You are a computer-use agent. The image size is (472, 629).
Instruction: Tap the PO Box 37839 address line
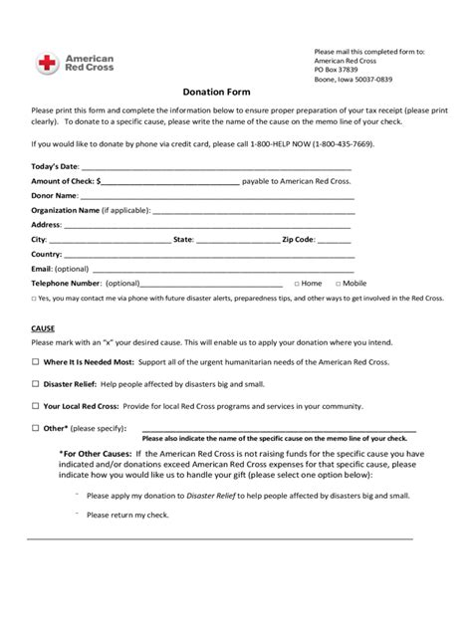337,70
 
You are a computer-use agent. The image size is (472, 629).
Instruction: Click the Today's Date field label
55,167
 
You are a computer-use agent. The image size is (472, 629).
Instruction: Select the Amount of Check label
63,182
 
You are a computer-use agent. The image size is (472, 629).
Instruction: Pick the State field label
183,240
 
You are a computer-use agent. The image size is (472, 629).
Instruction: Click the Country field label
47,254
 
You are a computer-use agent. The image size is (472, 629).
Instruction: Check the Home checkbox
295,283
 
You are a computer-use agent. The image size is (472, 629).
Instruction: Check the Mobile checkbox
339,283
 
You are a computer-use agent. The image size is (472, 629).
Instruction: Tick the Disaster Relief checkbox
36,382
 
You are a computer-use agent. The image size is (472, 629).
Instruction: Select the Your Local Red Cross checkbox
36,406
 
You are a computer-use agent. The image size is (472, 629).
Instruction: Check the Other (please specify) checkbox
36,427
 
